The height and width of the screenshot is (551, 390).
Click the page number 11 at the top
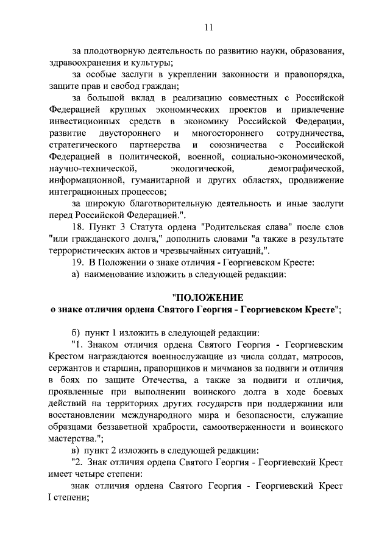pos(208,27)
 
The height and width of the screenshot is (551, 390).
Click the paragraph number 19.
pos(78,262)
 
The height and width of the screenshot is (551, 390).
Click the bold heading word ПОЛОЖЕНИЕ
pos(208,298)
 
